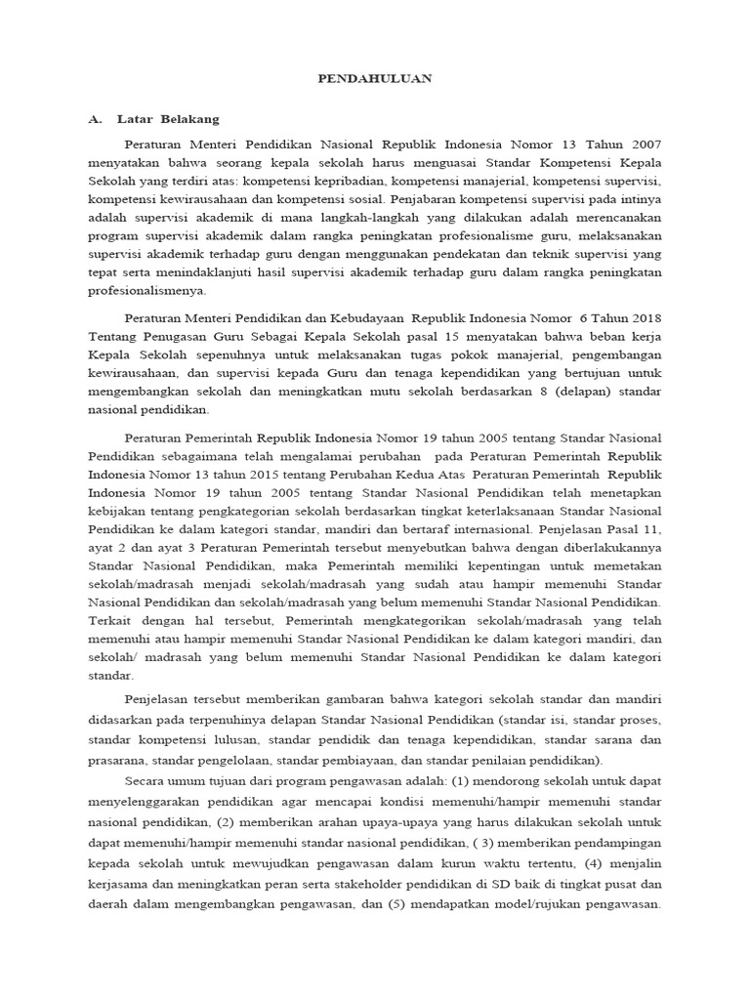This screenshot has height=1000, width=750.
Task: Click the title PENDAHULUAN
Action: pos(375,77)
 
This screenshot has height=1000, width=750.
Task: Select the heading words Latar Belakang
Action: pos(168,119)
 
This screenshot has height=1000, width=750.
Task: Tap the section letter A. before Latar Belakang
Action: pos(95,119)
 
